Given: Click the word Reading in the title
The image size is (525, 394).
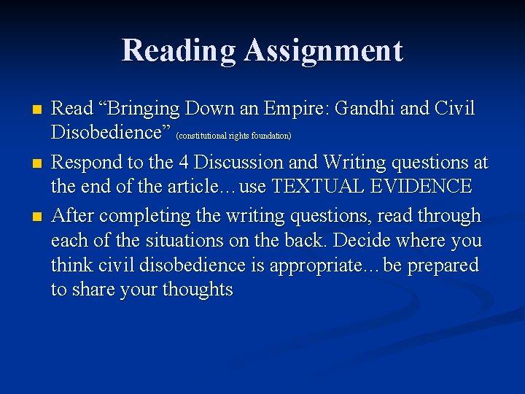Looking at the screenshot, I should coord(179,50).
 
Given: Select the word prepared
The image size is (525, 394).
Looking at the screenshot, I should coord(442,266).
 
